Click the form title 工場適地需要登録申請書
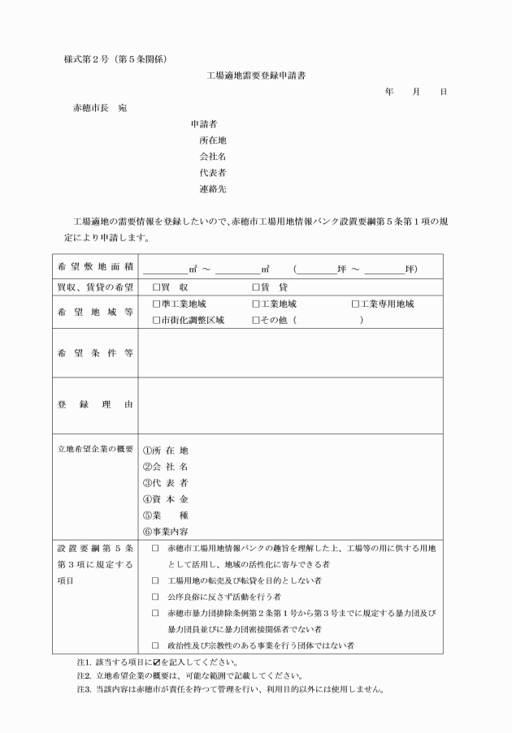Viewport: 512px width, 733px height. coord(257,75)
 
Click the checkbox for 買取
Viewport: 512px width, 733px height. coord(156,287)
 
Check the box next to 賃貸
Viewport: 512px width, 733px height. coord(255,287)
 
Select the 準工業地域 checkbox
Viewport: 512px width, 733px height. coord(156,304)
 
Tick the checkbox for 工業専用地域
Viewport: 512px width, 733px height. coord(355,304)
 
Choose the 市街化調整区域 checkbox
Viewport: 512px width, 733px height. coord(156,321)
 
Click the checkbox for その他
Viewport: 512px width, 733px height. coord(255,321)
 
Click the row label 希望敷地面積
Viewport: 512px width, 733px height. coord(96,268)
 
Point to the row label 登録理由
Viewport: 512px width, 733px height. coord(96,404)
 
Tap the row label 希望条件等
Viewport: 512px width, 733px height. coord(96,353)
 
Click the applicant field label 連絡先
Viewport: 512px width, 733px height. coord(212,189)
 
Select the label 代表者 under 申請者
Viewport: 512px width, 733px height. coord(212,173)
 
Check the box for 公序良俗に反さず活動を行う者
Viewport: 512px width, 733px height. coord(155,597)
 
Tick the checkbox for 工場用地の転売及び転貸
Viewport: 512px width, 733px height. coord(155,581)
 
